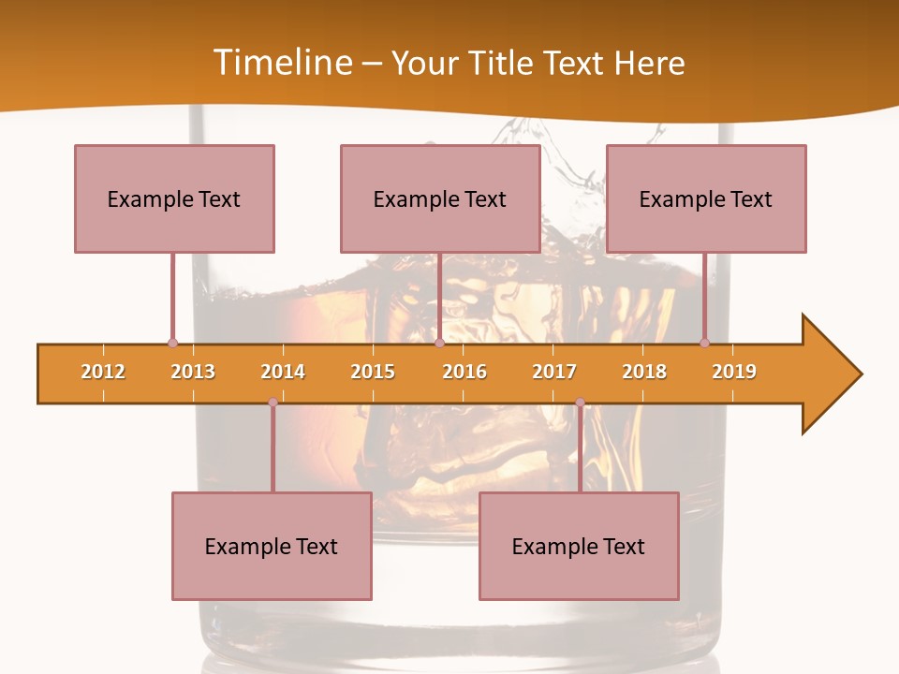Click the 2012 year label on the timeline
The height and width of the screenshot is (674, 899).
[103, 372]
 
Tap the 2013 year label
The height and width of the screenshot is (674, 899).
[193, 372]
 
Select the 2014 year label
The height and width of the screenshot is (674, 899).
[283, 372]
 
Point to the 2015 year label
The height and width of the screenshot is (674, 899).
[373, 372]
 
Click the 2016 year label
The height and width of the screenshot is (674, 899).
[464, 372]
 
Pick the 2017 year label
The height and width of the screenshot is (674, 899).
[554, 372]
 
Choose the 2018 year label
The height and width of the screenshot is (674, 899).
[644, 372]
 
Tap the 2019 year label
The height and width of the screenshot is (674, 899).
[734, 372]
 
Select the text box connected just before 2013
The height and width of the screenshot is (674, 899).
[174, 198]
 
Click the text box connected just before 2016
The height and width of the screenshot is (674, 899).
[440, 198]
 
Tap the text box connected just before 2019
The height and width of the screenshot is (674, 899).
[706, 198]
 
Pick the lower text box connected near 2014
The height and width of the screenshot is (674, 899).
[272, 546]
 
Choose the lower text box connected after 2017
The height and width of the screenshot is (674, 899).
[579, 546]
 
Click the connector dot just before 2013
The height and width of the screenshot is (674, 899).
[172, 344]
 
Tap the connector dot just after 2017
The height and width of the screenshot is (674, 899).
[580, 403]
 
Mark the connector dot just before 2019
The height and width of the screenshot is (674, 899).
[704, 344]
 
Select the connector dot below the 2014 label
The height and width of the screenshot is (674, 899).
[273, 403]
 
